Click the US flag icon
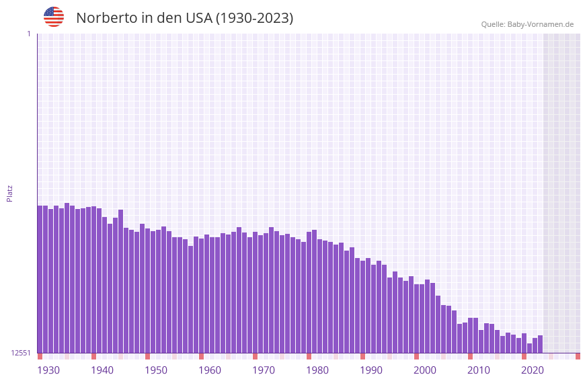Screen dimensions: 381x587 [x=54, y=17]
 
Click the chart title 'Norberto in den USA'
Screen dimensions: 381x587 [x=184, y=18]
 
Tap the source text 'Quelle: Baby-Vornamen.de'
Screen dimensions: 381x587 [x=527, y=24]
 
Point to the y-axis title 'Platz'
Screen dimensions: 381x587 [x=9, y=193]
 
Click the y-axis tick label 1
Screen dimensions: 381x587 [x=29, y=34]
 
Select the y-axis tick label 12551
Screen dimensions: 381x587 [x=21, y=353]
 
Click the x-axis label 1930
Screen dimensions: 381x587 [x=48, y=370]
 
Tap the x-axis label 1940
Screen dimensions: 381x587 [x=102, y=370]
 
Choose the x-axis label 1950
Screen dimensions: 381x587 [x=156, y=370]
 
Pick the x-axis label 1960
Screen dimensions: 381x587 [x=210, y=370]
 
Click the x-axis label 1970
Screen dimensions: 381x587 [x=264, y=370]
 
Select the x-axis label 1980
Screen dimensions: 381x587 [x=317, y=370]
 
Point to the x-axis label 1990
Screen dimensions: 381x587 [x=371, y=370]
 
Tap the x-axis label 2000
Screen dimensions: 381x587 [x=425, y=370]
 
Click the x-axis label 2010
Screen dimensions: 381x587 [x=479, y=370]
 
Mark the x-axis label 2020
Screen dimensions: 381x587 [x=533, y=370]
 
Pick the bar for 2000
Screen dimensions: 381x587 [x=416, y=319]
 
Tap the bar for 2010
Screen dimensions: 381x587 [x=470, y=335]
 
